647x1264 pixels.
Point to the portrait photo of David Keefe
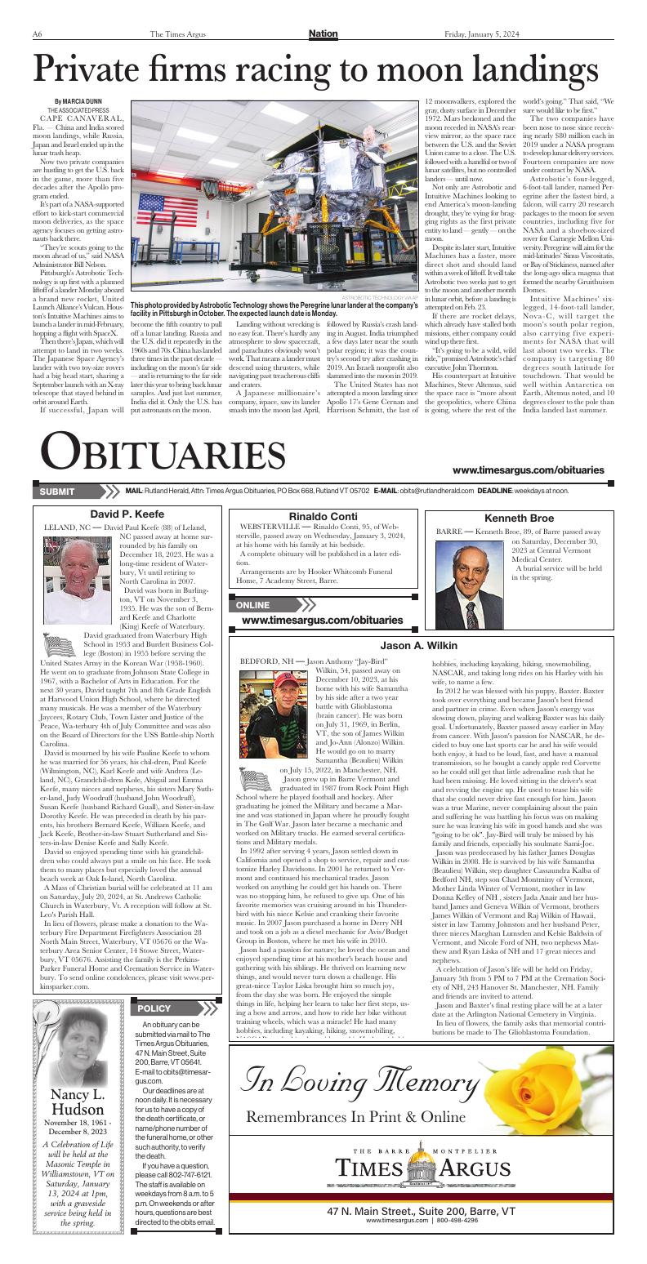pos(78,579)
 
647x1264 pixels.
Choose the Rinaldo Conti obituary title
pos(323,517)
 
